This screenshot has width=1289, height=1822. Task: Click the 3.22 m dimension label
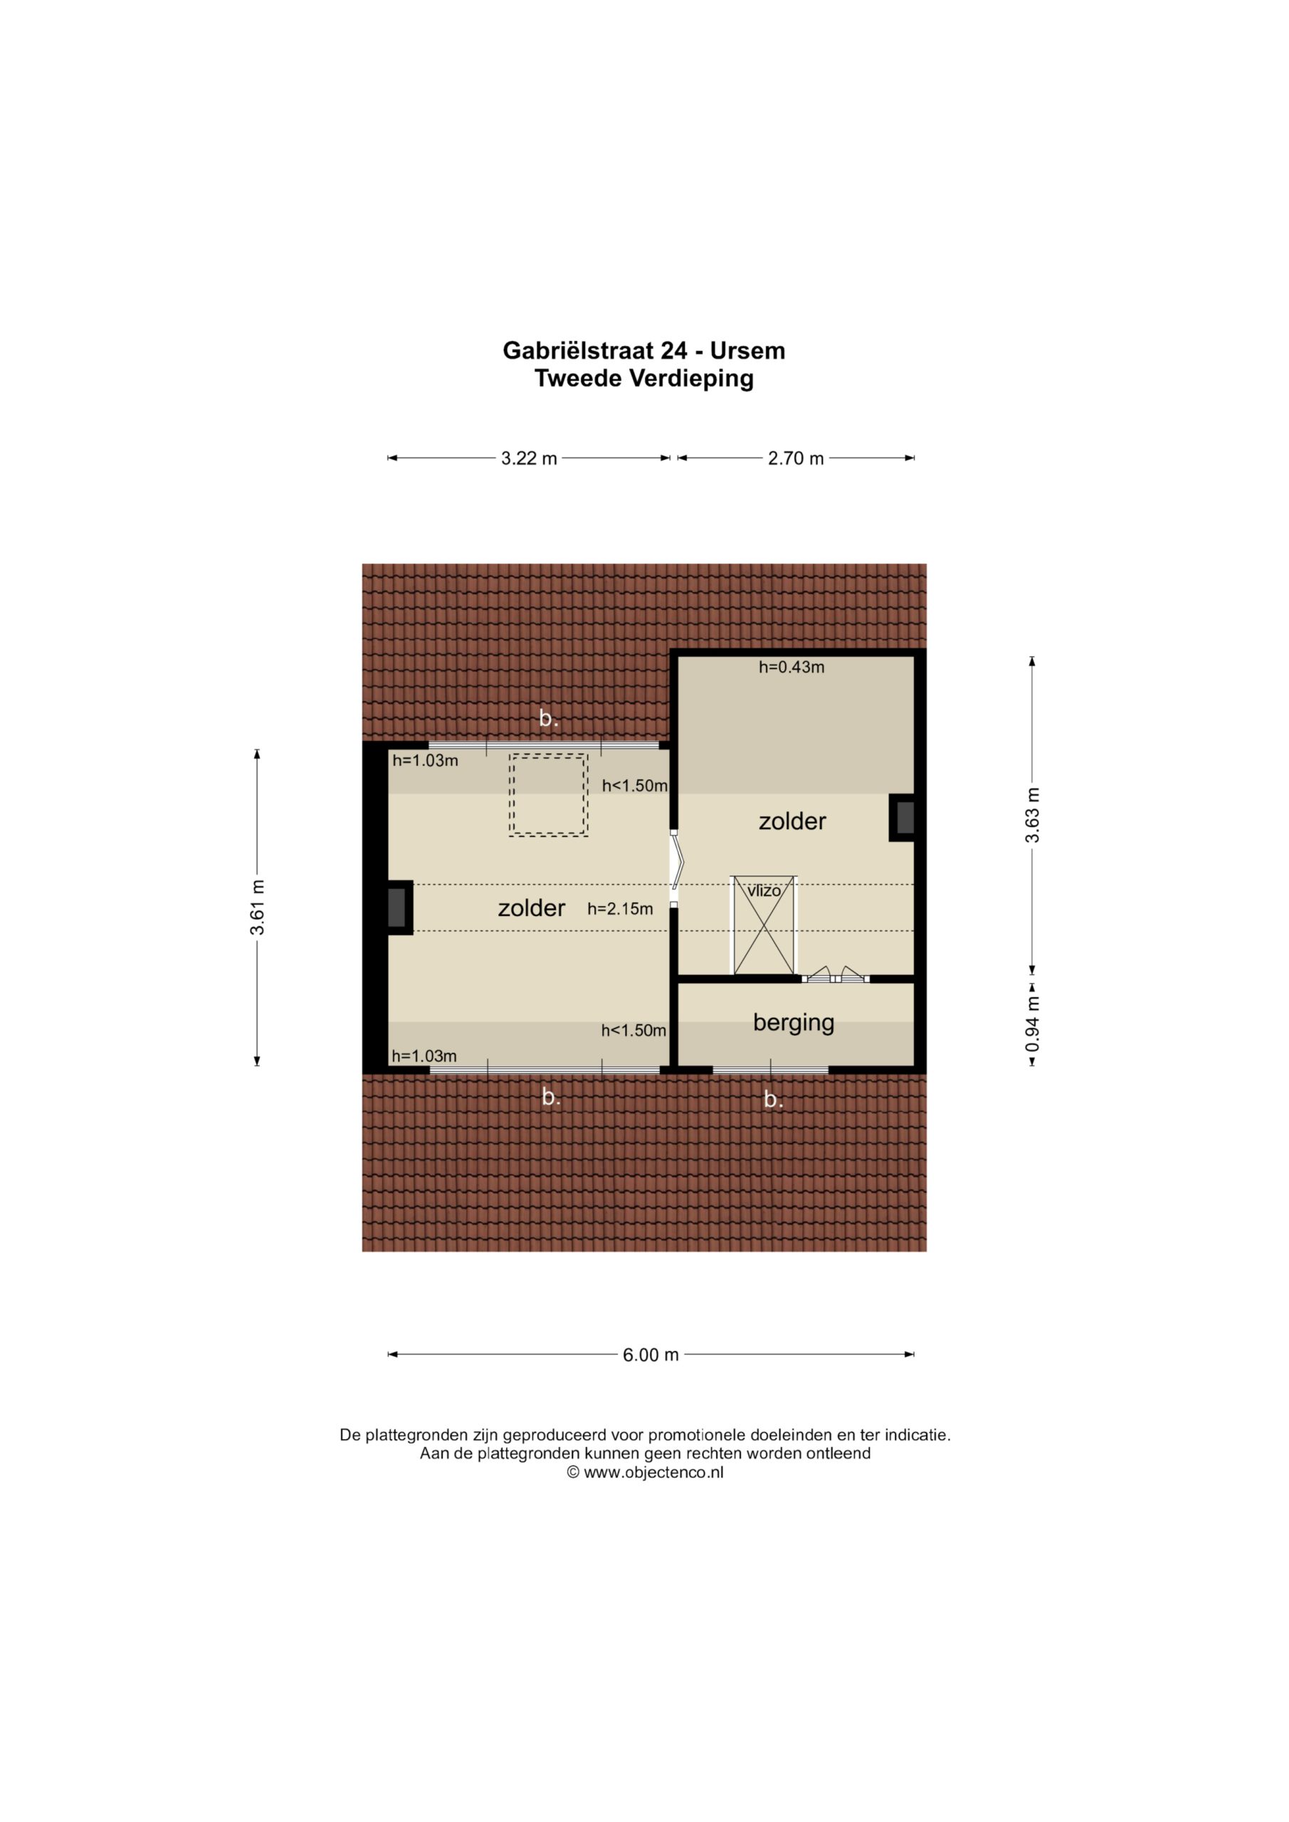pos(529,458)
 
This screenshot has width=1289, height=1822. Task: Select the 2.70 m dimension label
pos(796,458)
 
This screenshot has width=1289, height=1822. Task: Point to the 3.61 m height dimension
pos(257,907)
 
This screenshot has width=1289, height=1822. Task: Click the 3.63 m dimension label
pos(1032,815)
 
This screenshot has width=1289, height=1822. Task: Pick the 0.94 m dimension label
pos(1032,1023)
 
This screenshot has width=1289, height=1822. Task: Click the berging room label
pos(794,1023)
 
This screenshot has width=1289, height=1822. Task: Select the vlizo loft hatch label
pos(764,890)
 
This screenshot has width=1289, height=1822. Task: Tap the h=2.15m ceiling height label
pos(620,910)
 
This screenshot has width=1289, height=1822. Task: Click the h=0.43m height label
pos(791,668)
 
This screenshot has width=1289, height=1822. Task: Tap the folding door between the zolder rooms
pos(675,868)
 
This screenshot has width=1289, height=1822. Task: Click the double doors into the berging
pos(836,974)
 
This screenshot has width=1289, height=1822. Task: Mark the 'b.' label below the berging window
pos(773,1099)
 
